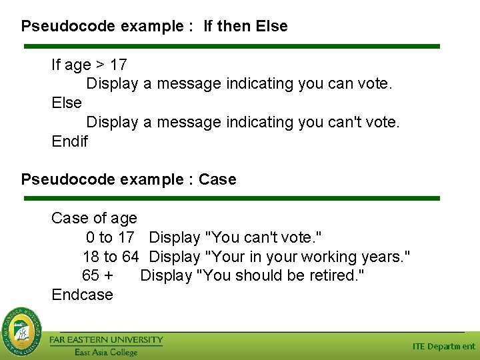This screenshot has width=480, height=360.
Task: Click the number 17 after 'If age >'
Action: tap(119, 65)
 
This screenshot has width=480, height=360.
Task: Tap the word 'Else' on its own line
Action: tap(67, 103)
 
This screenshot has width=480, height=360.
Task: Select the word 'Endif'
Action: tap(69, 141)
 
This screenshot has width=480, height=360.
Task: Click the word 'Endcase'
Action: tap(82, 295)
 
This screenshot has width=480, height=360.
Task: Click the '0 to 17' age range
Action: tap(110, 237)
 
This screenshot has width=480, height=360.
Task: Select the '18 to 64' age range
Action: tap(111, 257)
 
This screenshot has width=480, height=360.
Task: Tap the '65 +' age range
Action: tap(97, 275)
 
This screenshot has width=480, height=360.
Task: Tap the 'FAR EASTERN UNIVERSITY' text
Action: tap(106, 340)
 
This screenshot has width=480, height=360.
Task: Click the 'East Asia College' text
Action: tap(105, 352)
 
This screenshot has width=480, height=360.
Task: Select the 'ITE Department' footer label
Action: tap(443, 347)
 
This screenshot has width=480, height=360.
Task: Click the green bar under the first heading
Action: tap(232, 47)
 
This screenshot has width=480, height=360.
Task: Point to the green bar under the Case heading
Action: tap(232, 198)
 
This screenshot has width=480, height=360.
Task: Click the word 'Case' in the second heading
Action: tap(217, 179)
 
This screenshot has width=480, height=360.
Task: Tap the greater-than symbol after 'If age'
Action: tap(99, 65)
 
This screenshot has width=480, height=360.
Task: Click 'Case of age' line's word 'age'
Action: tap(124, 218)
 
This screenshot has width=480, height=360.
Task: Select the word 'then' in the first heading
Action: tap(234, 27)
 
